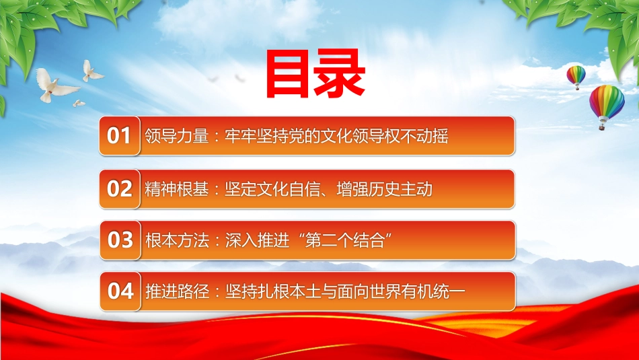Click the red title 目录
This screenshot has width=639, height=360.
tap(315, 74)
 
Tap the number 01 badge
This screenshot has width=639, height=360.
tap(120, 136)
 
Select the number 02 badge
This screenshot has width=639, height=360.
tap(120, 189)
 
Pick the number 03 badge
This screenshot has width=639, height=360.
tap(120, 240)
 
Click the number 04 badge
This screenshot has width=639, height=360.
tap(120, 291)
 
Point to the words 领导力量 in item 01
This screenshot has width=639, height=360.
tap(177, 136)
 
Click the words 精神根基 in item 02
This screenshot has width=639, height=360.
tap(177, 189)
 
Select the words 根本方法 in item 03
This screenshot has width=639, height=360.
tap(178, 240)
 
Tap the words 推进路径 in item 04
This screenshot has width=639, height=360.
tap(178, 291)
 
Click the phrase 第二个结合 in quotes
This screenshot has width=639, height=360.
tap(345, 240)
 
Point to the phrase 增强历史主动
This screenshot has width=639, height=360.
tap(384, 189)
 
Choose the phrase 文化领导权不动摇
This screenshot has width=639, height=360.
tap(384, 136)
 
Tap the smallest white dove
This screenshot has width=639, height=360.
tap(79, 104)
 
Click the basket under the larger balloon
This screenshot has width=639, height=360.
tap(602, 127)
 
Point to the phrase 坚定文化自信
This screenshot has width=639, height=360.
tap(272, 189)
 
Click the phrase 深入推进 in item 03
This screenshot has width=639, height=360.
tap(257, 240)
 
